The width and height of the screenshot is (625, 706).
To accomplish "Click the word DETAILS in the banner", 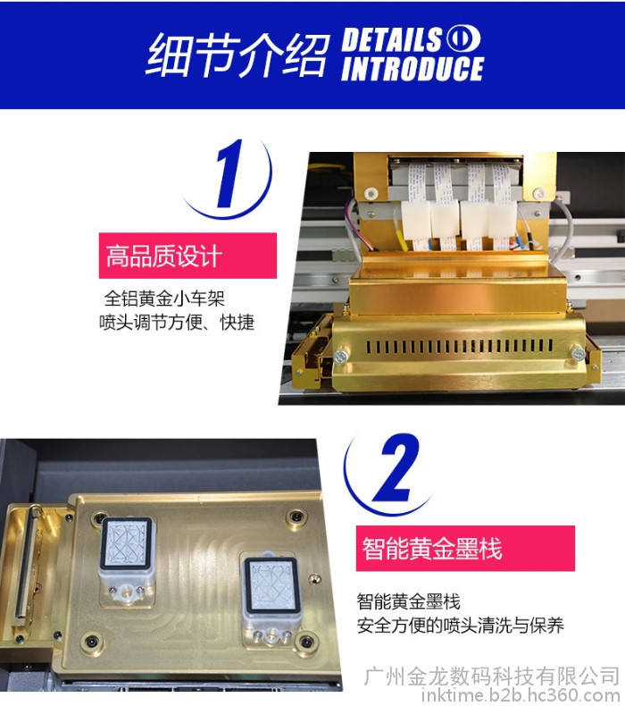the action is pos(392,39).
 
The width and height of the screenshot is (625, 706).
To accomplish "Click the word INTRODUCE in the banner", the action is pos(412,69).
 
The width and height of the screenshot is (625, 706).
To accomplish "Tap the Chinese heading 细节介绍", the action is pos(237,55).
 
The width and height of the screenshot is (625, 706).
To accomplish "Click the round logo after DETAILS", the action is pos(463,39).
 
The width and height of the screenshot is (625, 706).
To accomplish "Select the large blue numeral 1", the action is pos(229,173).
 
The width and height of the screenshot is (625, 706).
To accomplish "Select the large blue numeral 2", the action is pos(396,467).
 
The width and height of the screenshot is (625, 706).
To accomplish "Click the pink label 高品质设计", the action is pos(187,256).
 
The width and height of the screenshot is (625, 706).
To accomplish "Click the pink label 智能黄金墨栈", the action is pos(465,549).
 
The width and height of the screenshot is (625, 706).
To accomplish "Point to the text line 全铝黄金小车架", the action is pos(164,298).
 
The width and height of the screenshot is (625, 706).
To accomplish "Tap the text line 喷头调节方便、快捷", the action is pos(177,323).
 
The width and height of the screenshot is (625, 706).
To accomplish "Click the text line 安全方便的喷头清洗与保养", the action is pos(461,626).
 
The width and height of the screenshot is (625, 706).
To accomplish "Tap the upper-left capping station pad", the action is pos(127,544).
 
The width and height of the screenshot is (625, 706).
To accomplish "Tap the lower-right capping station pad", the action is pos(272,584).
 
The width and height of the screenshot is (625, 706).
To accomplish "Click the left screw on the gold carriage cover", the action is pos(340,357).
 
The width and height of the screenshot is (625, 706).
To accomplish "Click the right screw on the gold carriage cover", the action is pos(578,354).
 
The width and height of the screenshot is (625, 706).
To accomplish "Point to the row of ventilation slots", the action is pos(460,346).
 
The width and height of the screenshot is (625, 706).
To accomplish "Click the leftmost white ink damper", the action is pos(415,220).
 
